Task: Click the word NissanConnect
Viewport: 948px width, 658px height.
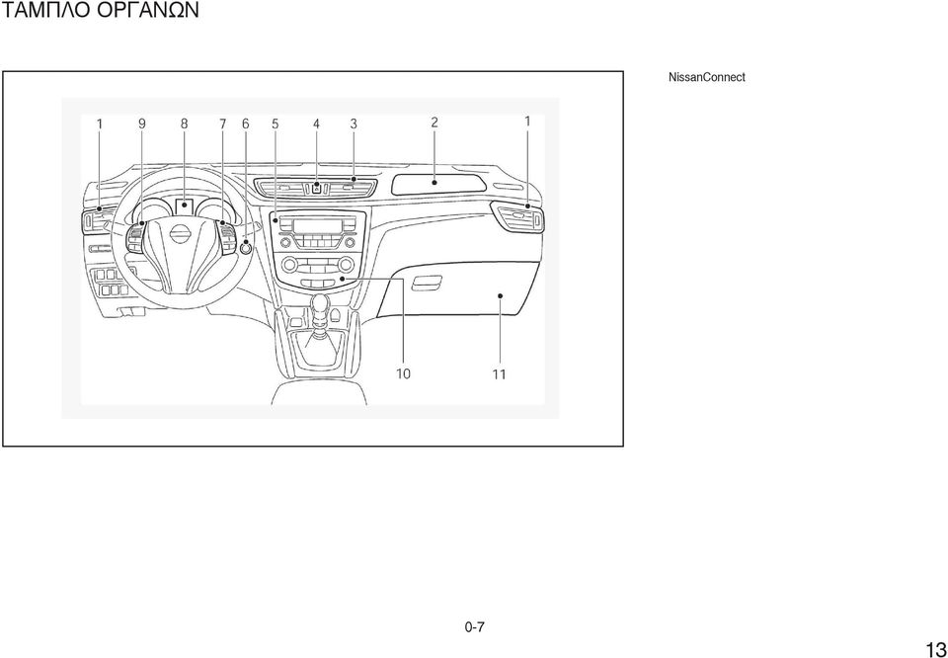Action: point(706,77)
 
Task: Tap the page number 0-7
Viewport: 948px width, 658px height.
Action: point(475,627)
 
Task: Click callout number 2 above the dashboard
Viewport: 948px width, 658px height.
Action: point(434,123)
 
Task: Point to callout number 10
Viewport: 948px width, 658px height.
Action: point(403,373)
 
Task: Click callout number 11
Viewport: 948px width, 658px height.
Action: point(499,374)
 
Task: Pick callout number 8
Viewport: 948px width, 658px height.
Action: point(184,123)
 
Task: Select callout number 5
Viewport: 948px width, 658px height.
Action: point(276,123)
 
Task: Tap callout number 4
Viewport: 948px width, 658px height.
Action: point(316,123)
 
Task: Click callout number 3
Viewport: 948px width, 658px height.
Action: point(354,123)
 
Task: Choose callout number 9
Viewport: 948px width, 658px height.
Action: point(141,123)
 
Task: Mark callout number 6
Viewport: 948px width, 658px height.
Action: point(246,123)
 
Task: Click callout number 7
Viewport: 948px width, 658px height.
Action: point(222,123)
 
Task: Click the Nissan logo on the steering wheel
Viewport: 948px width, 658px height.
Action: point(179,235)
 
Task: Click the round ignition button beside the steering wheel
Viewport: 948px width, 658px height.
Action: point(246,247)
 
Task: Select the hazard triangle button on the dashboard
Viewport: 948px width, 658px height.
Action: point(316,188)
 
